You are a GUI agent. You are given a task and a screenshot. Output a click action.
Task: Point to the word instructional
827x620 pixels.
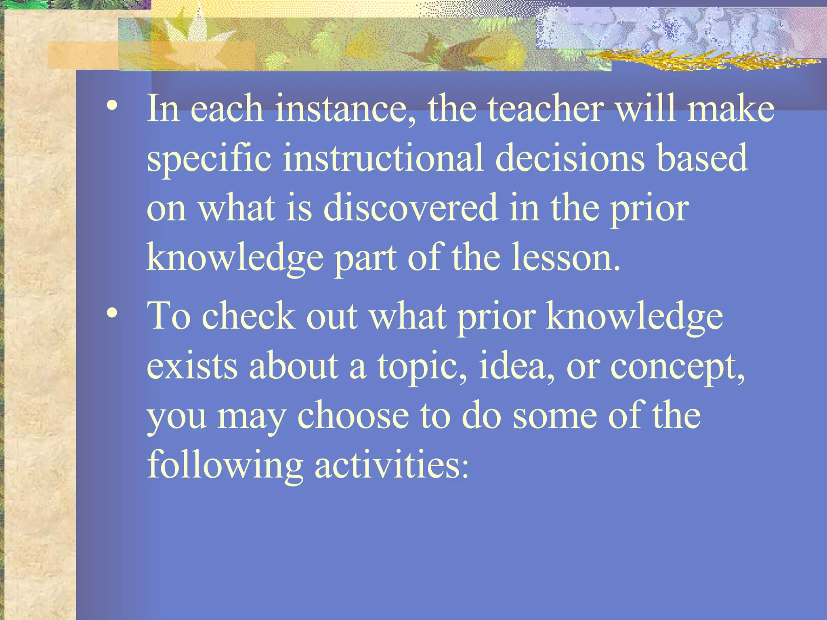tap(382, 158)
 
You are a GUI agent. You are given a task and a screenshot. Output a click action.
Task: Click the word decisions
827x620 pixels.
tap(570, 158)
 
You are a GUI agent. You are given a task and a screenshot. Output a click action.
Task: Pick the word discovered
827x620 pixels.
tap(411, 207)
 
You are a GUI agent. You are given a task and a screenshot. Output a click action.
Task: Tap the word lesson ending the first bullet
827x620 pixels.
tap(565, 257)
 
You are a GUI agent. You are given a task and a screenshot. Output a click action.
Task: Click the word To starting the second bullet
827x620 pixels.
tap(168, 315)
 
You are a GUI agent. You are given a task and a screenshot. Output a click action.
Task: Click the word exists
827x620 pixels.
tap(192, 365)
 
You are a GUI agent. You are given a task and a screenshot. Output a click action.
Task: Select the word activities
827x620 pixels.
tap(391, 465)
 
